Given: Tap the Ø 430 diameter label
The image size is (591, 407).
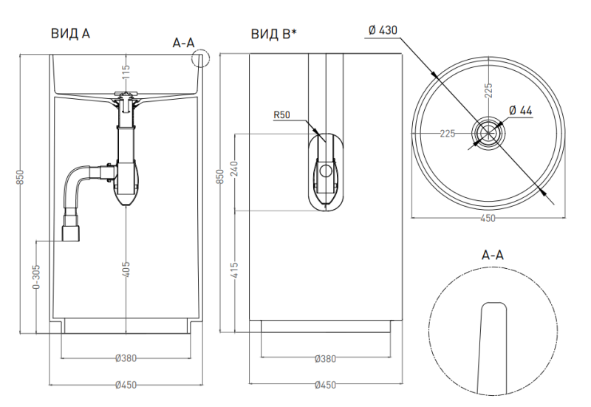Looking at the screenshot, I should click(383, 30).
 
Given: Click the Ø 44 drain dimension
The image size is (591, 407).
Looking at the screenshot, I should click(521, 110).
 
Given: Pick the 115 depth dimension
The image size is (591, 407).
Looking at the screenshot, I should click(126, 72).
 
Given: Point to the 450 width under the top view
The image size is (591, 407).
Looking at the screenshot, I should click(488, 219).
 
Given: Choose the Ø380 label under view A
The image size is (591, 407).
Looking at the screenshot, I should click(126, 359).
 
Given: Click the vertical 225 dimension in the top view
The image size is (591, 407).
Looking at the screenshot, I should click(488, 91).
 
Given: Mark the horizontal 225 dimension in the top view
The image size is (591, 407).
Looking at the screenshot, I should click(447, 134).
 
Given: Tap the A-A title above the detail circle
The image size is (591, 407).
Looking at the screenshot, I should click(493, 255).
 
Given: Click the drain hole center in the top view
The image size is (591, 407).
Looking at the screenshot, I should click(488, 133).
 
